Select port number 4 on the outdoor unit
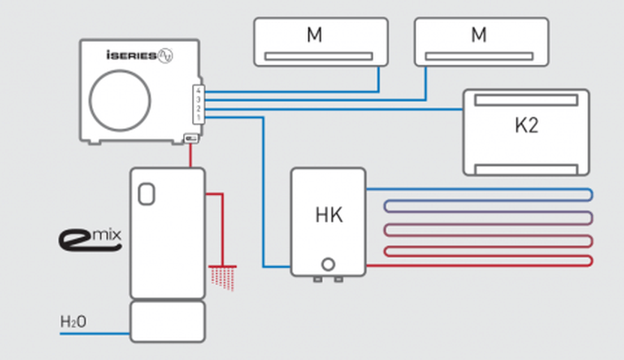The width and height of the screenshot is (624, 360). pos(198,91)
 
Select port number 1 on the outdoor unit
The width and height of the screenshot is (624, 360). pos(198,118)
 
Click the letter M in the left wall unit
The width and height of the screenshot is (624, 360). pos(315,34)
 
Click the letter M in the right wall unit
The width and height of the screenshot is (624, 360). pos(478,34)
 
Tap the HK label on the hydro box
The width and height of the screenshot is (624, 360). pos(328,216)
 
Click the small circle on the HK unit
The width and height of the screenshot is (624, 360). pos(328,264)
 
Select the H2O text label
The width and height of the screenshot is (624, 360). pos(73,322)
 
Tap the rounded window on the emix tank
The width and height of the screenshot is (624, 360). pos(146,194)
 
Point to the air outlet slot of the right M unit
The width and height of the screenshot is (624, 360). pos(481,56)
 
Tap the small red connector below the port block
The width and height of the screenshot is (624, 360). pos(190,138)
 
